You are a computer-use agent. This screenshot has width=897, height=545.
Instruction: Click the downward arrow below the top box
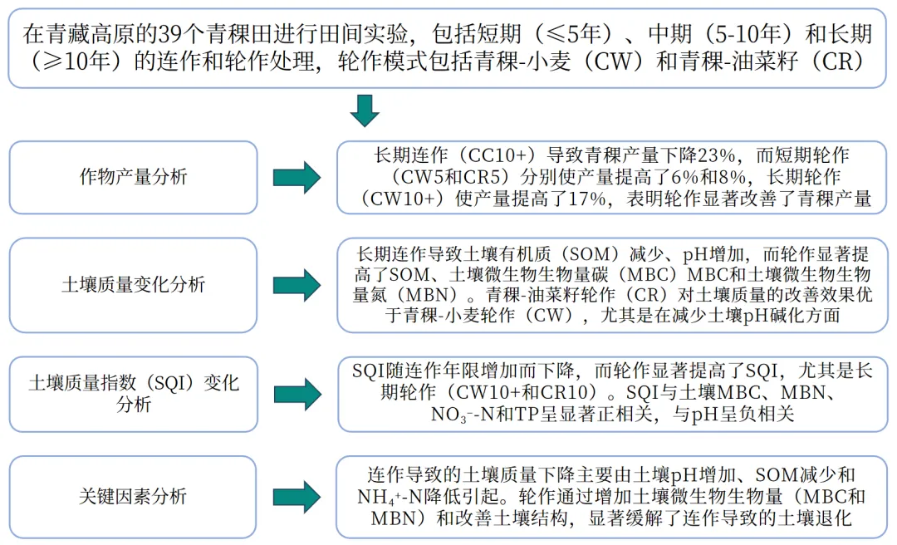point(364,110)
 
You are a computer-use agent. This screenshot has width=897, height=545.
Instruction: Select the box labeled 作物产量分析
point(133,178)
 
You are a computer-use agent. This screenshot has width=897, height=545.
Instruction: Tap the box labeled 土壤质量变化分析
point(133,285)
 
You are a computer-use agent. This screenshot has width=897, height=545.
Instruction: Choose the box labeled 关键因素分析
point(133,497)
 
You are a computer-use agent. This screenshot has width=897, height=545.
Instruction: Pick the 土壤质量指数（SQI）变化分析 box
point(133,394)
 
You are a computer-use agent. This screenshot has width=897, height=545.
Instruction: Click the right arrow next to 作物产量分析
point(297,178)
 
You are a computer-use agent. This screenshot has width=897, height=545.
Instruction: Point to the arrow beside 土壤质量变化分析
point(297,285)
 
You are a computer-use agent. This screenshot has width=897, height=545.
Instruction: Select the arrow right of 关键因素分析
point(297,497)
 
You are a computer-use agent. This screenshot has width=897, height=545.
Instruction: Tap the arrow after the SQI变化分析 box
point(297,394)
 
